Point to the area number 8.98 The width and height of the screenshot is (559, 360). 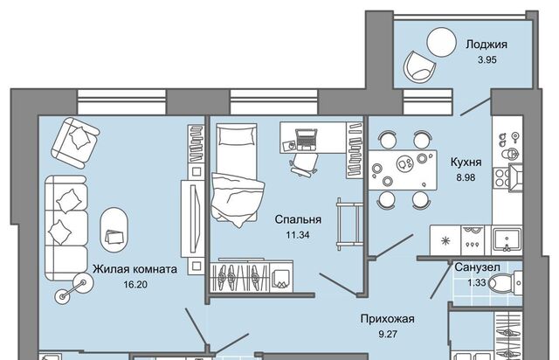click(x=466, y=177)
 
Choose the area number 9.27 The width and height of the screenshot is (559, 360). click(x=386, y=335)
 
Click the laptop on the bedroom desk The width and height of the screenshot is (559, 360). click(x=306, y=136)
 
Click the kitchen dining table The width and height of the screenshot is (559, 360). click(x=403, y=167)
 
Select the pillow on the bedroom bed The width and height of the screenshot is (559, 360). click(x=231, y=137)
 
